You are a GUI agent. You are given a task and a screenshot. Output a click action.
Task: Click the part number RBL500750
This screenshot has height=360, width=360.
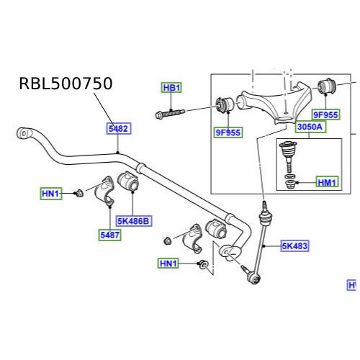(66, 84)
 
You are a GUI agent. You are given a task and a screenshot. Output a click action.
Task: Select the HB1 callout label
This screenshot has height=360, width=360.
(171, 88)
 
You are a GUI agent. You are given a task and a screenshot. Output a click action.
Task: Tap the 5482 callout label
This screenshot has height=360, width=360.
(118, 128)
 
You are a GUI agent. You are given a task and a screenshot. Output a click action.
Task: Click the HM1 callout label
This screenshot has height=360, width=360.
(327, 183)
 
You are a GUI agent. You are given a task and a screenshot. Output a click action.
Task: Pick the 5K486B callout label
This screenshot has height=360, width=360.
(132, 221)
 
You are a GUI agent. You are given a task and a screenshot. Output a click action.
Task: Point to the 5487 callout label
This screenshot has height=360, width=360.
(110, 234)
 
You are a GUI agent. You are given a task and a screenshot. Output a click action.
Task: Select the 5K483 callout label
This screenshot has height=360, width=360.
(294, 246)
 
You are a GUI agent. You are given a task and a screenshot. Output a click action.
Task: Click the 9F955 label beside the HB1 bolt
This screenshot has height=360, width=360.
(228, 132)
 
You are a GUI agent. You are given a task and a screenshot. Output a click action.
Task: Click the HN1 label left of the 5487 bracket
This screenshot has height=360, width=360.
(50, 193)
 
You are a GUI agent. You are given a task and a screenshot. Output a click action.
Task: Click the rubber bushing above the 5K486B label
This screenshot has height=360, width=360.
(130, 182)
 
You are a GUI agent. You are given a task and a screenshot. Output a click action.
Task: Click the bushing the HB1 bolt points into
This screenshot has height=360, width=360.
(223, 106)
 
